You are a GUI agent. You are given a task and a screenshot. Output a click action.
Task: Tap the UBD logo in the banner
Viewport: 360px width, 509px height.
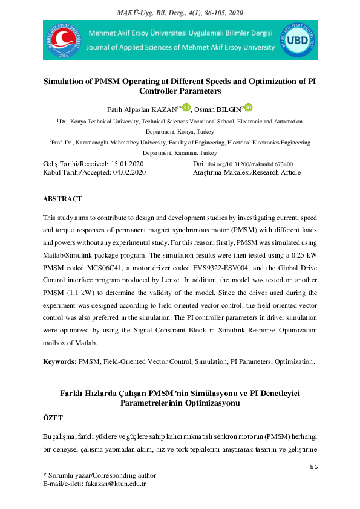[x=298, y=41]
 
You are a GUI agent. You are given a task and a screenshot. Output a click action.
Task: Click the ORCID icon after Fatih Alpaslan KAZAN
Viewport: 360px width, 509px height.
[x=186, y=108]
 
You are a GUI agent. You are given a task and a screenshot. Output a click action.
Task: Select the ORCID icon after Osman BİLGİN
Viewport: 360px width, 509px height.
[x=248, y=108]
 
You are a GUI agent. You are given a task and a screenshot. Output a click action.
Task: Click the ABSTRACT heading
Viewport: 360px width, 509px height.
[x=62, y=199]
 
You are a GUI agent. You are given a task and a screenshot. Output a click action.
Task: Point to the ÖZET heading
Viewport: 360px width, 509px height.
[x=53, y=418]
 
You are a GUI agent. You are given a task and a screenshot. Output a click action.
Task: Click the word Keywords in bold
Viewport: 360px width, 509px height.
[x=59, y=361]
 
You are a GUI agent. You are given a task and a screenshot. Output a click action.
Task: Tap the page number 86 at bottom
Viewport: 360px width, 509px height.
[x=313, y=467]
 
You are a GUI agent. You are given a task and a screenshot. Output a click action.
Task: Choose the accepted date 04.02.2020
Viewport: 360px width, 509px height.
[x=129, y=172]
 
